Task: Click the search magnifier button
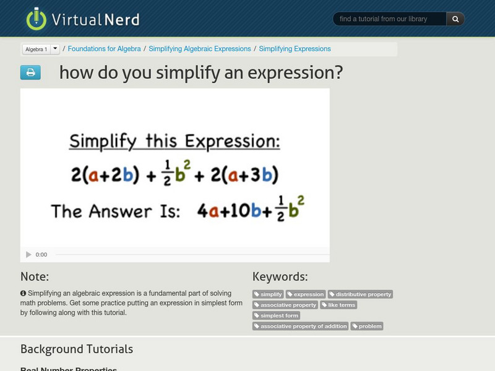pyautogui.click(x=455, y=19)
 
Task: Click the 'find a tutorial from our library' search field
pyautogui.click(x=390, y=19)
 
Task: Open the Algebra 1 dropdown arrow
pyautogui.click(x=55, y=48)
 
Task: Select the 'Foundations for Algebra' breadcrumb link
pyautogui.click(x=103, y=49)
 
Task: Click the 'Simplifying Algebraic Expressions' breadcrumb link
pyautogui.click(x=200, y=49)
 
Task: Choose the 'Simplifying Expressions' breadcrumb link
pyautogui.click(x=295, y=49)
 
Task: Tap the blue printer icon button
pyautogui.click(x=30, y=72)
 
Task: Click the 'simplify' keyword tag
pyautogui.click(x=269, y=294)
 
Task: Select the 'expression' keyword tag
pyautogui.click(x=306, y=294)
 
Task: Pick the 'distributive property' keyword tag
pyautogui.click(x=360, y=294)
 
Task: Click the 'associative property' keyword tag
pyautogui.click(x=285, y=305)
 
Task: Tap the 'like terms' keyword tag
pyautogui.click(x=338, y=305)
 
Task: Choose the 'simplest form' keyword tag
pyautogui.click(x=276, y=315)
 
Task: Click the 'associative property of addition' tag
pyautogui.click(x=301, y=326)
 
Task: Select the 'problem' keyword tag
pyautogui.click(x=367, y=326)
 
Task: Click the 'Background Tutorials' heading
pyautogui.click(x=77, y=349)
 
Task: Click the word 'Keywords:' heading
pyautogui.click(x=280, y=276)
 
